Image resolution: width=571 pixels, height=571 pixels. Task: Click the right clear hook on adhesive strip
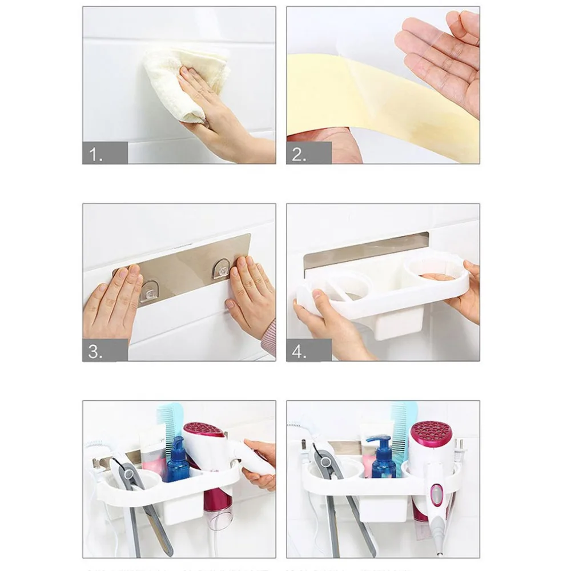222,268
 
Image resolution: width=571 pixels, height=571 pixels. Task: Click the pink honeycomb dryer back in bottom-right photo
431,434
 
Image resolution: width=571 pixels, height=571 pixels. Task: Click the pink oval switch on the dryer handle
437,494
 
